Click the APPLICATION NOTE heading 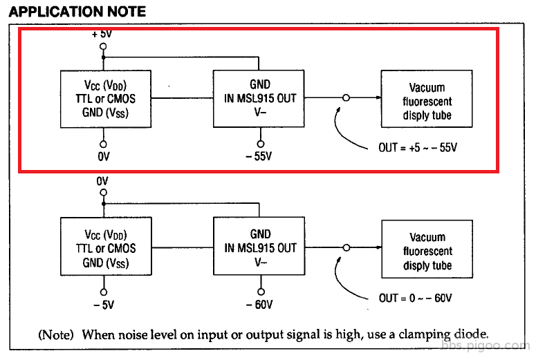[x=77, y=11]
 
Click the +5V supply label [x=103, y=33]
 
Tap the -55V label [x=259, y=156]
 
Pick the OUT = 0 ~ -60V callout [x=416, y=298]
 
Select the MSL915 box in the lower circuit [x=260, y=247]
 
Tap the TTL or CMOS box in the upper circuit [x=106, y=98]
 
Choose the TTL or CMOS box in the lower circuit [x=106, y=248]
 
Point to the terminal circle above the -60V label [x=261, y=292]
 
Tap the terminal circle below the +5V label [x=103, y=47]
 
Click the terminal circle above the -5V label [x=104, y=292]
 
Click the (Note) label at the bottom [x=56, y=334]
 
